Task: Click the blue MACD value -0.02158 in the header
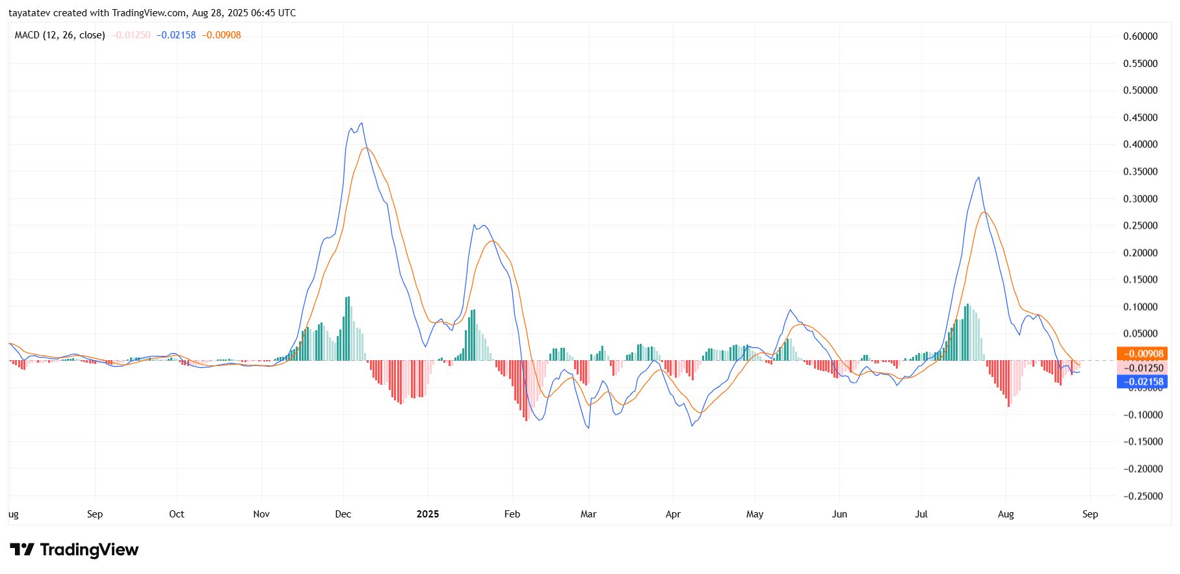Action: click(x=176, y=35)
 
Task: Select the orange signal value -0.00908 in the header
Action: click(x=221, y=35)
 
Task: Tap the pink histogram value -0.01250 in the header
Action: click(x=131, y=35)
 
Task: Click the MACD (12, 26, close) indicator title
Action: click(x=60, y=35)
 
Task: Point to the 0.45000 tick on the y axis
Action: click(x=1140, y=118)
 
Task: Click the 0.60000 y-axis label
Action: click(x=1140, y=36)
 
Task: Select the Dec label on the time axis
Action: click(x=343, y=514)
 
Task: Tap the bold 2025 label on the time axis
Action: click(x=428, y=514)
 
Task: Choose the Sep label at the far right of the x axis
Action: click(x=1090, y=514)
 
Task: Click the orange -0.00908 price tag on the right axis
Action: click(x=1142, y=354)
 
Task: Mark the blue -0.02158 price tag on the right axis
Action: click(x=1142, y=382)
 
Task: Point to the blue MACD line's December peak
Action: click(x=361, y=124)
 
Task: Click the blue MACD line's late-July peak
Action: click(x=978, y=177)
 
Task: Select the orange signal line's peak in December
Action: click(x=366, y=148)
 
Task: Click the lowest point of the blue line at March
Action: click(x=589, y=428)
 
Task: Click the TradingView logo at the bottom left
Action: click(x=74, y=550)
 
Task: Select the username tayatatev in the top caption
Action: click(x=29, y=13)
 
